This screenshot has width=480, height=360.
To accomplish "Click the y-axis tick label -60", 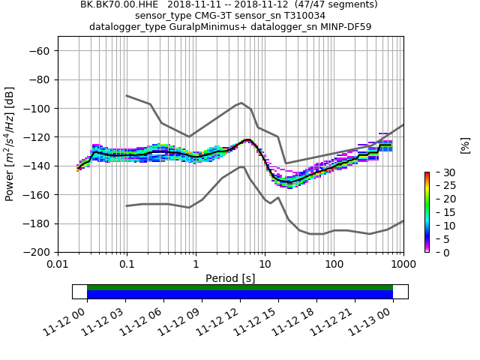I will pyautogui.click(x=41, y=51).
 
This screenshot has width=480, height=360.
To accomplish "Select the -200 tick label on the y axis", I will pyautogui.click(x=38, y=252).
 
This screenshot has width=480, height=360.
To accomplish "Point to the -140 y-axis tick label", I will pyautogui.click(x=38, y=166).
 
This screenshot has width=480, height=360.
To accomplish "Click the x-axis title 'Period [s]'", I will pyautogui.click(x=230, y=278).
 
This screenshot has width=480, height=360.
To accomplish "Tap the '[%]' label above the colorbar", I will pyautogui.click(x=465, y=145).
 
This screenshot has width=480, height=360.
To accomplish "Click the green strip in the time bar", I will pyautogui.click(x=240, y=287).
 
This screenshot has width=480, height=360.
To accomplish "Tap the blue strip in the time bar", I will pyautogui.click(x=240, y=295).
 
